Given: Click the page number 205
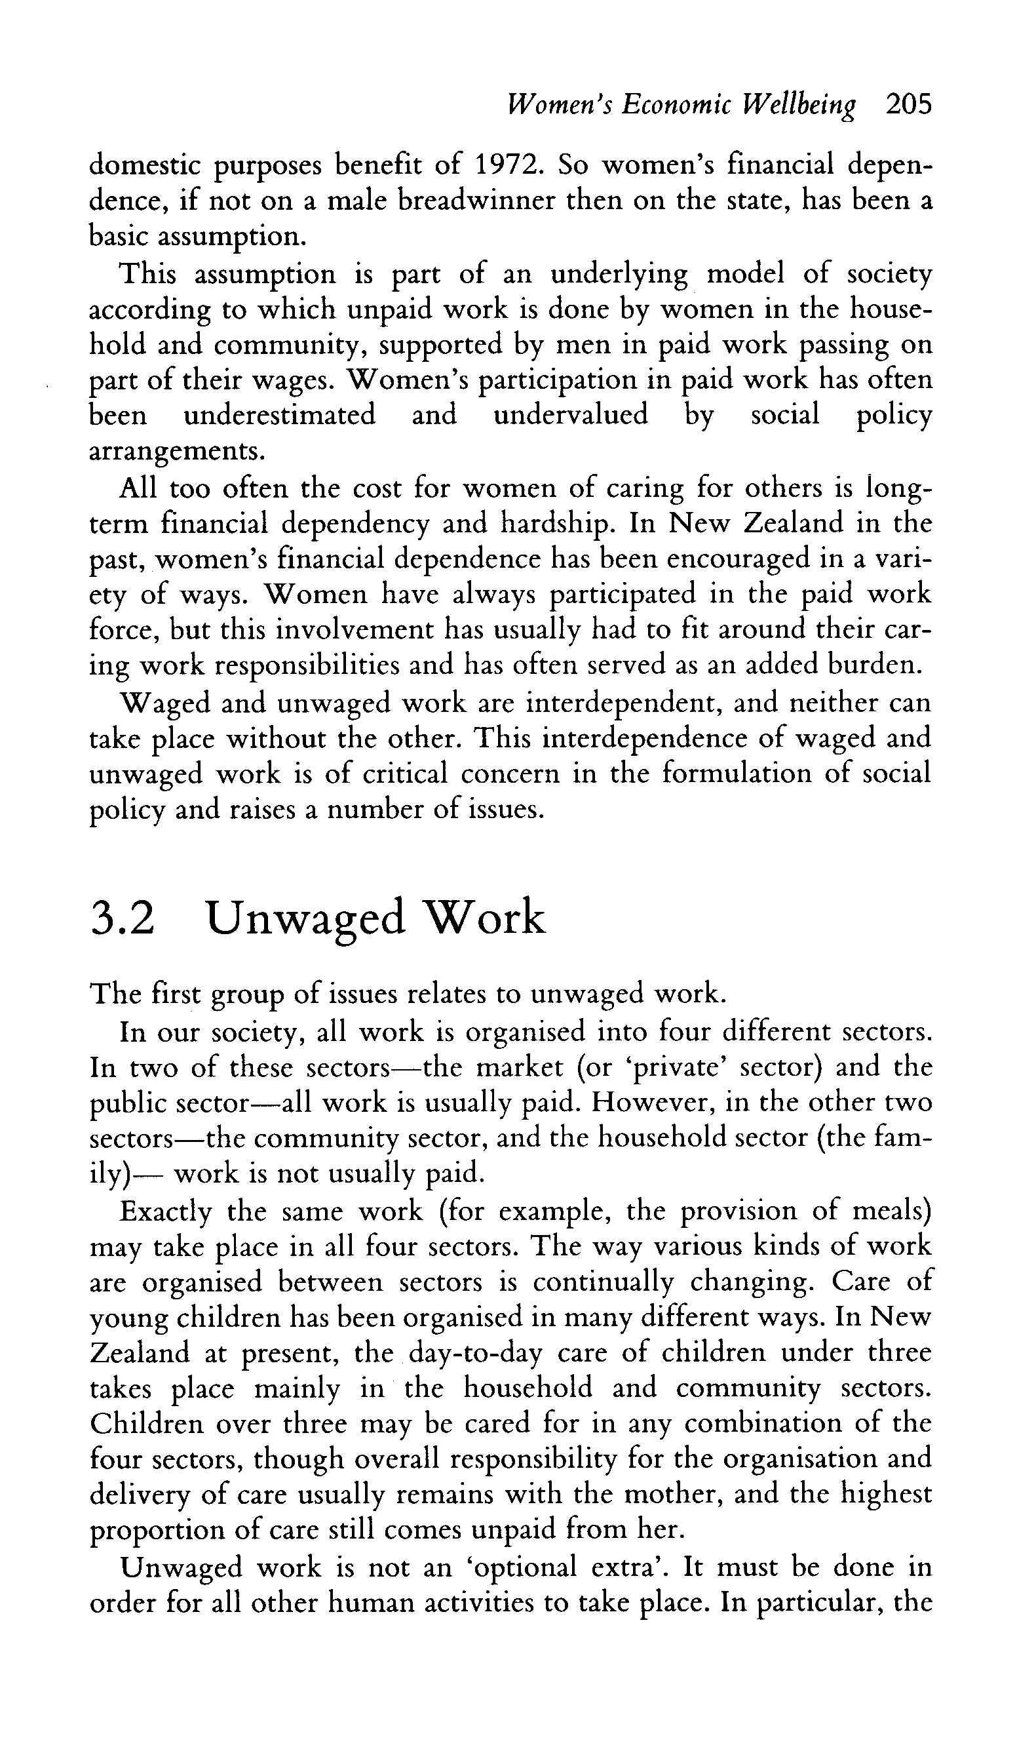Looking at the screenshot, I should point(908,105).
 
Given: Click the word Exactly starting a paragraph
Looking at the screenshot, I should point(165,1213).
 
